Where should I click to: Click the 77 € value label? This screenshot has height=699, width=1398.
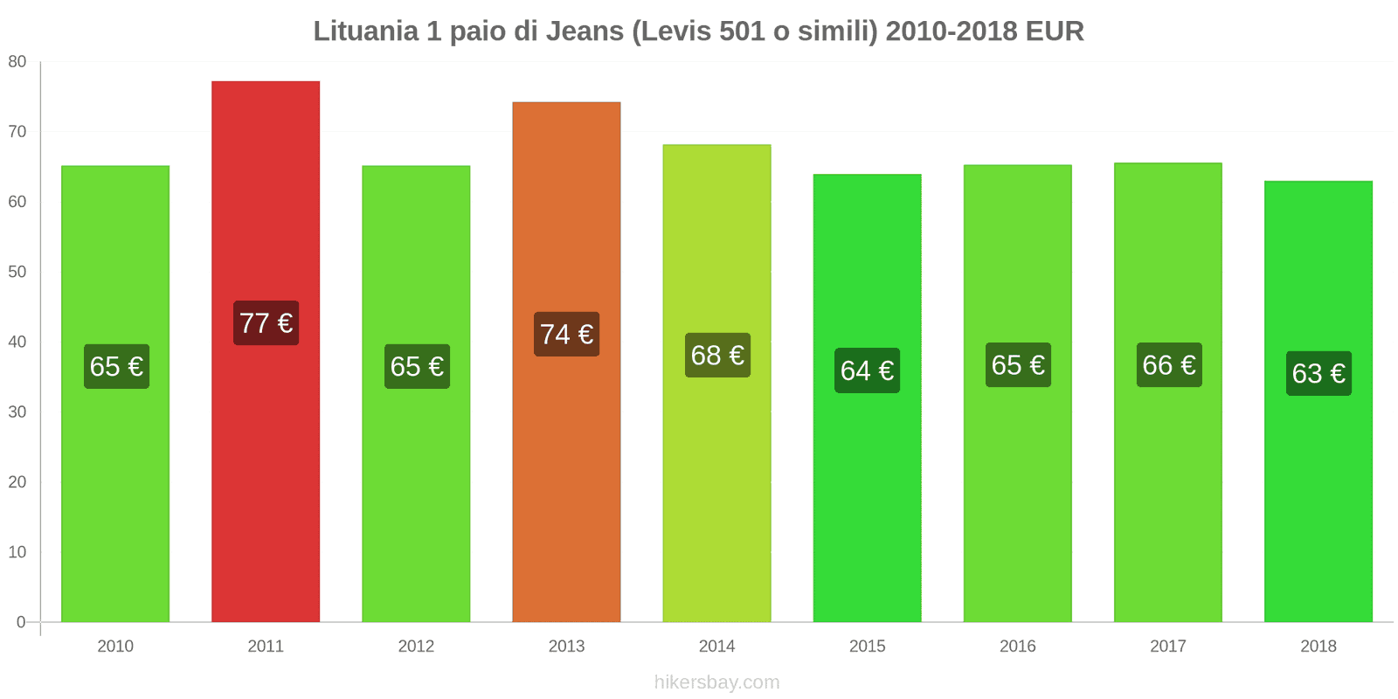(266, 323)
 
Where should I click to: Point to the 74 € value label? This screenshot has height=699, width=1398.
(566, 335)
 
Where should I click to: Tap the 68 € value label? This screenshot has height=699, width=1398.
(716, 356)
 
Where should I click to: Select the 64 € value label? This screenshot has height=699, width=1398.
(867, 370)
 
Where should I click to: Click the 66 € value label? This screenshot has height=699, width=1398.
(1168, 365)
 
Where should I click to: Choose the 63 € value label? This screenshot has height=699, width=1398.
(1318, 374)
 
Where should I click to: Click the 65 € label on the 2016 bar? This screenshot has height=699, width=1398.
(1018, 365)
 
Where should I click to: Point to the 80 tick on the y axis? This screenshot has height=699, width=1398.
(17, 62)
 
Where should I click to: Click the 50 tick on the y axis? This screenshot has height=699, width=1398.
(17, 272)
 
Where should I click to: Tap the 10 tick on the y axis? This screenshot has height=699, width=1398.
(17, 552)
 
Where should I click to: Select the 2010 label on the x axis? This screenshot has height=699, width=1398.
(115, 647)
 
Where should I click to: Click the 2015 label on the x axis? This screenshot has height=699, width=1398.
(867, 647)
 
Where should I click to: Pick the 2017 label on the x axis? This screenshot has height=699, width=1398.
(1168, 647)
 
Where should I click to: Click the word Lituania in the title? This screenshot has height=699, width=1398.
(366, 31)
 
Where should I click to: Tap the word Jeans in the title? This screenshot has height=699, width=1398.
(585, 31)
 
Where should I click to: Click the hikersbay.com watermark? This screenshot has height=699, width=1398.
(716, 682)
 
